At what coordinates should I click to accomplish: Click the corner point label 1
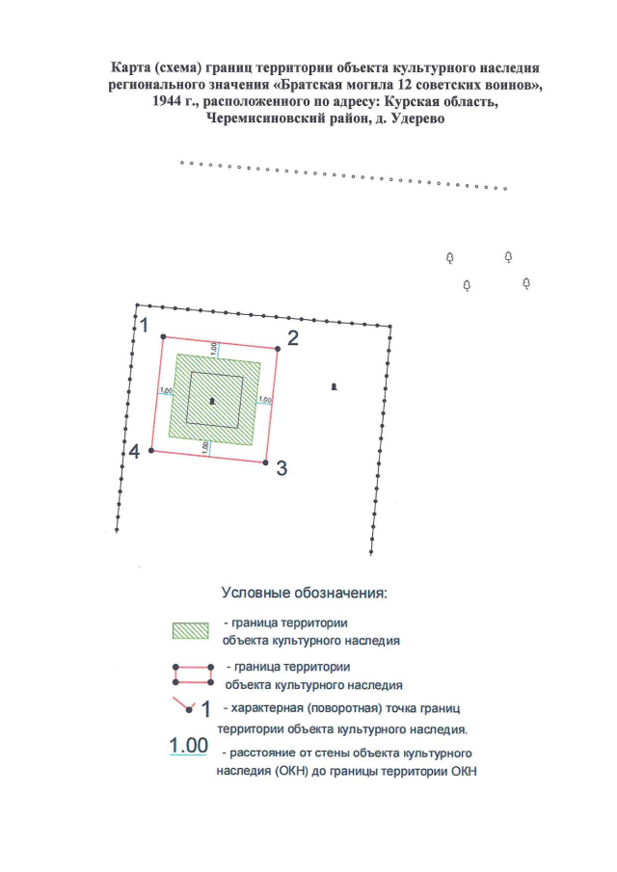(x=144, y=325)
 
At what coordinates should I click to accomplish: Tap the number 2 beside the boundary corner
(x=293, y=337)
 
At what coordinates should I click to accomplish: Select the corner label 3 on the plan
(x=282, y=468)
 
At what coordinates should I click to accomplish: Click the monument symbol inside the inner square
(x=213, y=400)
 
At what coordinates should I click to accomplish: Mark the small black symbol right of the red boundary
(x=334, y=386)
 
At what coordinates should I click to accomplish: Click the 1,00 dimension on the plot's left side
(x=165, y=390)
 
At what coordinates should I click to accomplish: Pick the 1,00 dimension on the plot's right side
(x=265, y=399)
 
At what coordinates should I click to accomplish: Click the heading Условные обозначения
(x=304, y=592)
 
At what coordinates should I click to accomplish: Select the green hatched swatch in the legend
(x=191, y=630)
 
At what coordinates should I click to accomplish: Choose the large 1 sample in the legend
(x=205, y=709)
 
